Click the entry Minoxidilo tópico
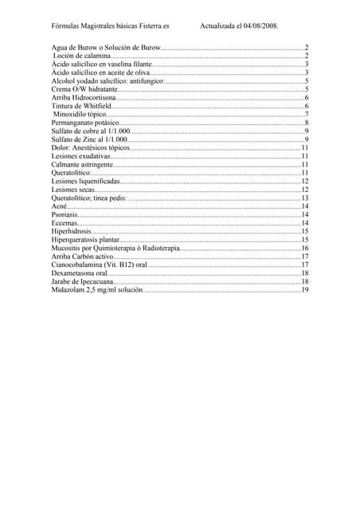[x=80, y=115]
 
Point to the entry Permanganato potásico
[x=85, y=124]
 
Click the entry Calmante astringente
[x=84, y=165]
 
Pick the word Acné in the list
[x=59, y=206]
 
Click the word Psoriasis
[x=65, y=215]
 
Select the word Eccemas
[x=65, y=223]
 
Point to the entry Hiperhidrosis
[x=71, y=232]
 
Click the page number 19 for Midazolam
[x=304, y=290]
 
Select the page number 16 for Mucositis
[x=304, y=249]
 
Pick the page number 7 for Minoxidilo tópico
[x=307, y=115]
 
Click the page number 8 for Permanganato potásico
[x=307, y=124]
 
